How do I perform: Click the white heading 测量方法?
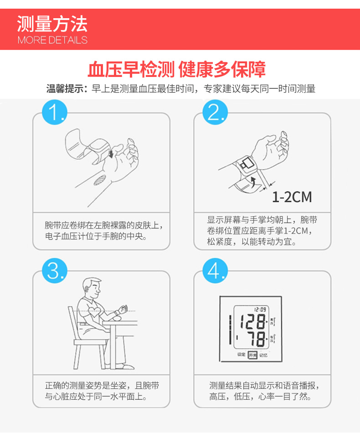pyautogui.click(x=52, y=23)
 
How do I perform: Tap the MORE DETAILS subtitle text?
pyautogui.click(x=52, y=40)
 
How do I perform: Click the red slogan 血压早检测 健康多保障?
pyautogui.click(x=176, y=70)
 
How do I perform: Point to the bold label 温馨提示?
pyautogui.click(x=66, y=89)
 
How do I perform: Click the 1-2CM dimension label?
pyautogui.click(x=292, y=197)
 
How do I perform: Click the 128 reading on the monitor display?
pyautogui.click(x=253, y=322)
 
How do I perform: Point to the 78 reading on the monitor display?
pyautogui.click(x=255, y=339)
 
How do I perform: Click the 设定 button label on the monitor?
pyautogui.click(x=241, y=354)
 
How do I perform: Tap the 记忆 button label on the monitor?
pyautogui.click(x=263, y=354)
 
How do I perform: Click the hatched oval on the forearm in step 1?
pyautogui.click(x=99, y=180)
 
